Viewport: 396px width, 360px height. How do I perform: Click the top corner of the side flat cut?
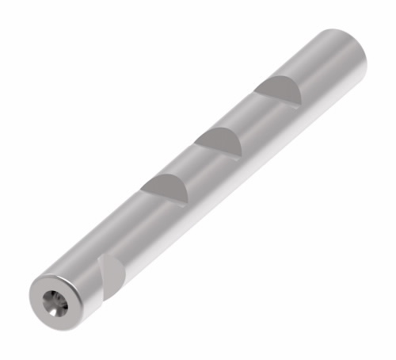point(101,255)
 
